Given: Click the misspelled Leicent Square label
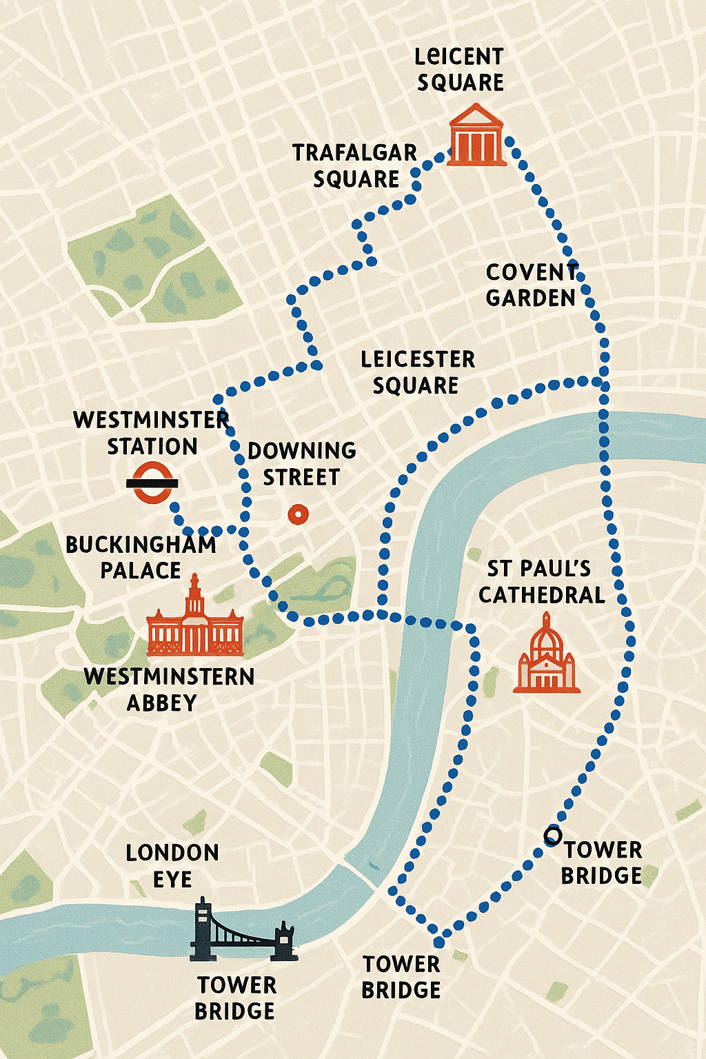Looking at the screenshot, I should click(460, 69).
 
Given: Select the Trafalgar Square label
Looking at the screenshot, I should click(355, 165).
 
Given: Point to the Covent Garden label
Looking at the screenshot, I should click(532, 285).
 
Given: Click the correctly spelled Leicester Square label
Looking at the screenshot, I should click(418, 372).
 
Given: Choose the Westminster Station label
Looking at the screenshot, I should click(151, 433).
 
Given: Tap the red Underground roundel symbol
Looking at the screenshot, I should click(152, 483).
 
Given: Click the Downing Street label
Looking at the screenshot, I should click(302, 463).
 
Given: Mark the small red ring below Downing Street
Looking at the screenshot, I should click(298, 514).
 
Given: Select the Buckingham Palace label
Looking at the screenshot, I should click(141, 557).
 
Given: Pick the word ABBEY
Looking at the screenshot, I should click(162, 703).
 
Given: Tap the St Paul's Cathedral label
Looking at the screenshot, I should click(541, 581).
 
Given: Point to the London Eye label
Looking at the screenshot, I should click(172, 866).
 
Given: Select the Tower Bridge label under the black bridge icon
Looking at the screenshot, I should click(236, 998).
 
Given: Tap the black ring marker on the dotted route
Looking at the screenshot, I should click(552, 836).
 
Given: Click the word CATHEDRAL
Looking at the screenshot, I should click(542, 595).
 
